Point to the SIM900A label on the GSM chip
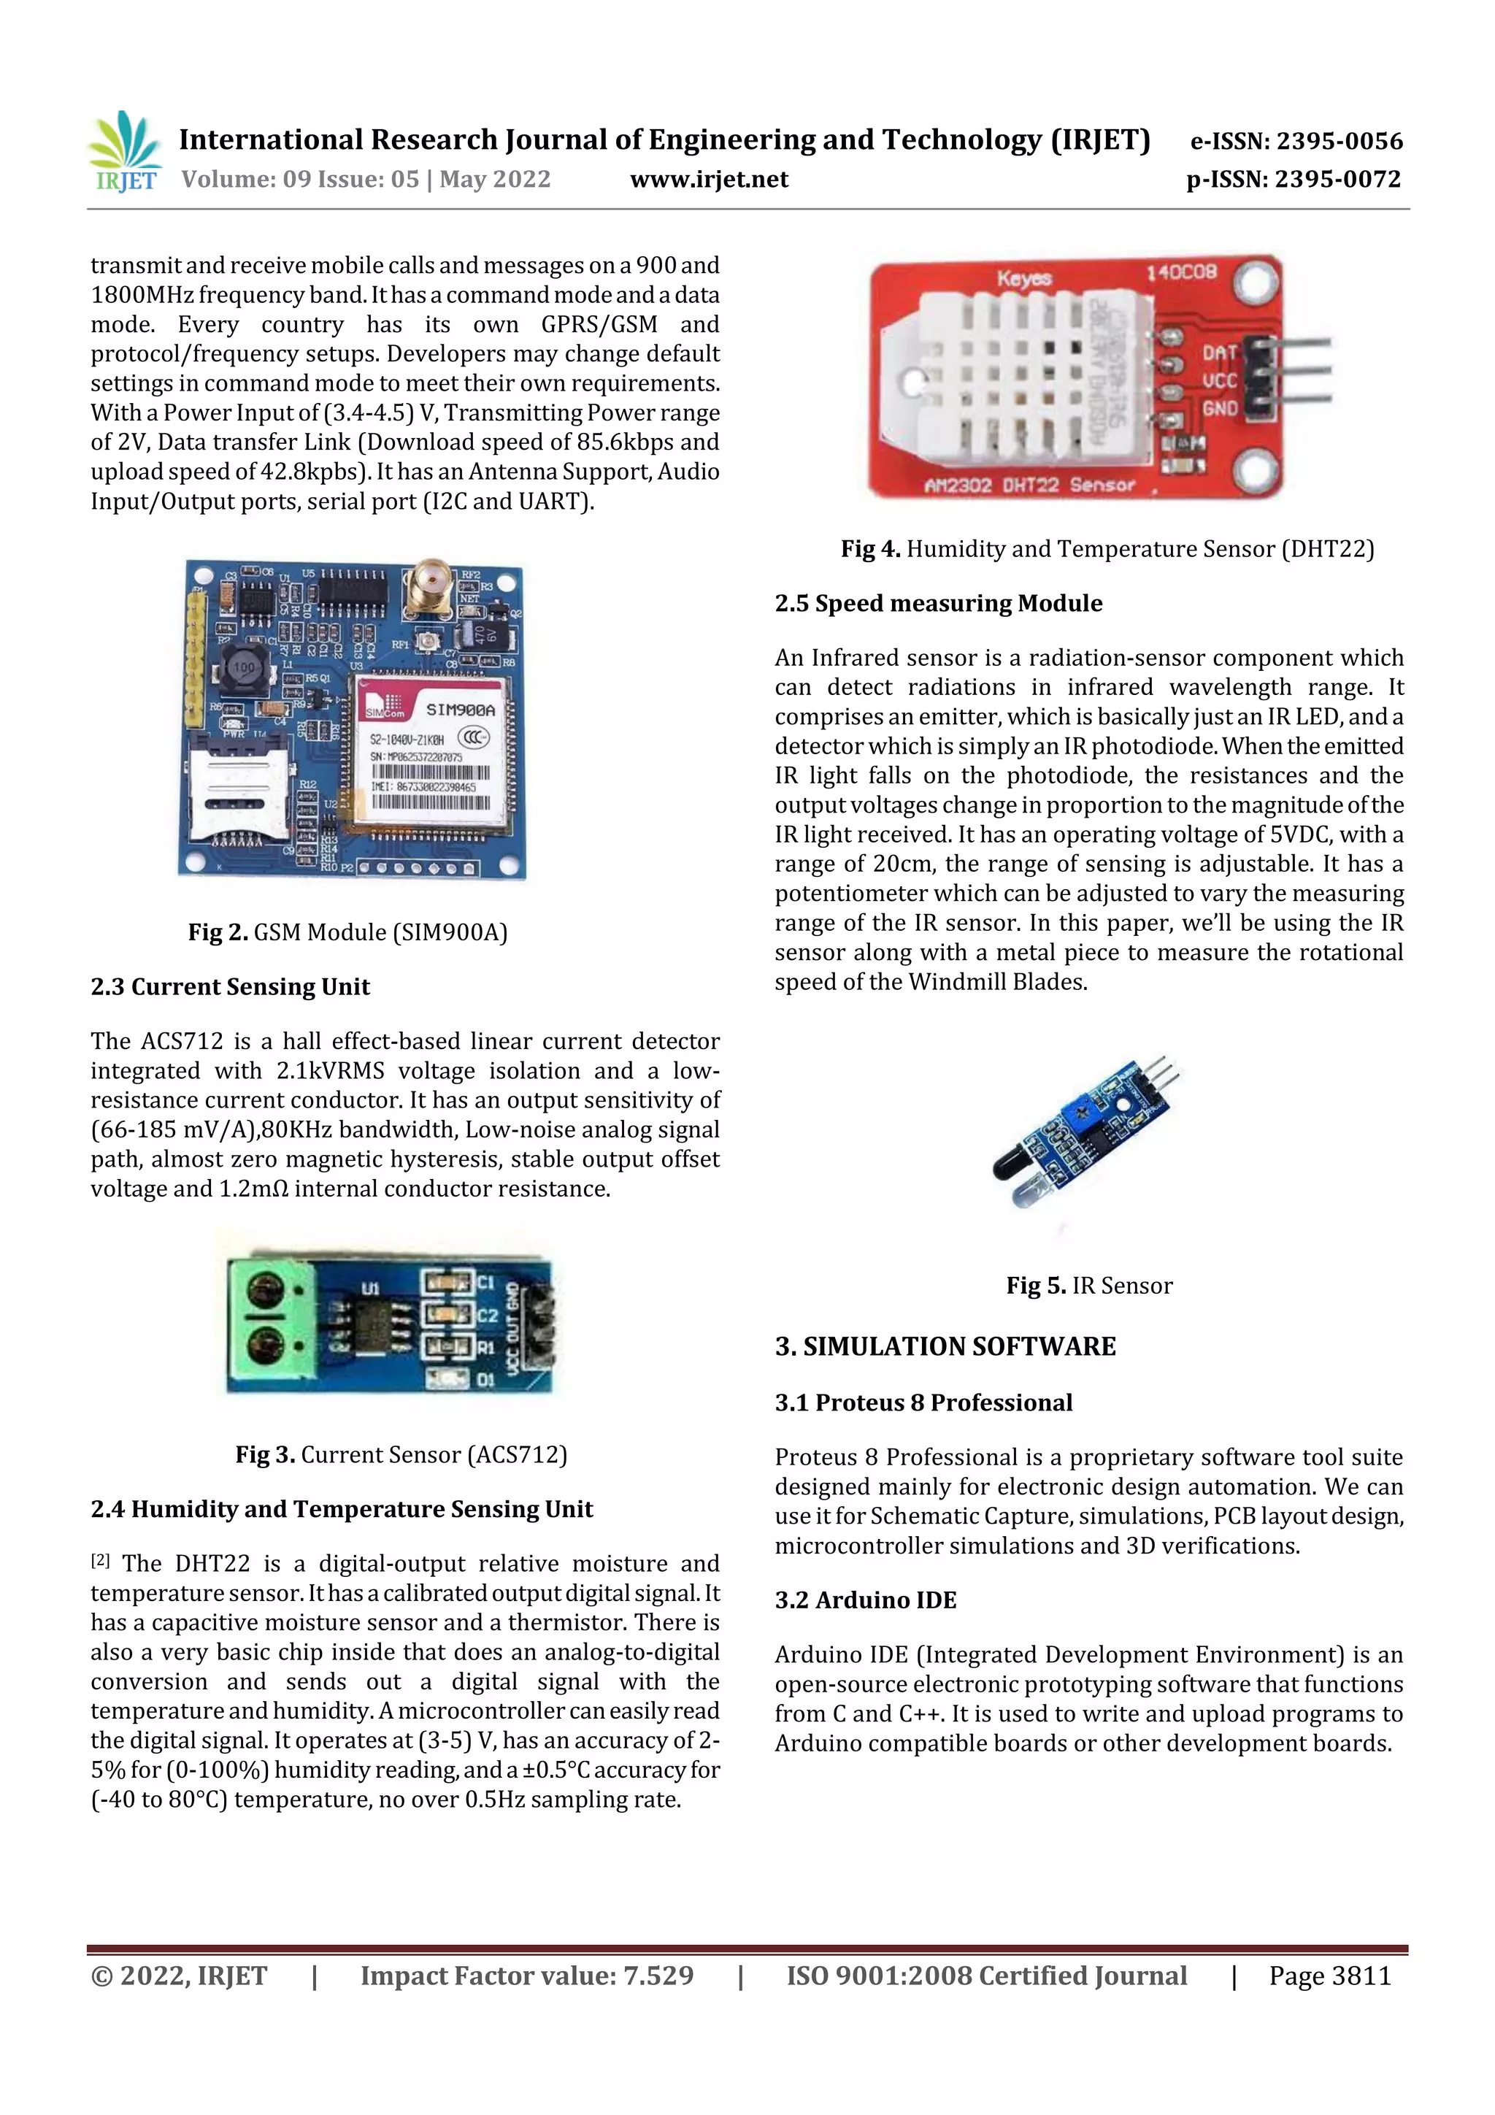[x=461, y=710]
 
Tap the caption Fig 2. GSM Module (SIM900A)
[x=348, y=932]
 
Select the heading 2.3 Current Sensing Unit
[x=230, y=986]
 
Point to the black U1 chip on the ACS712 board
[x=372, y=1324]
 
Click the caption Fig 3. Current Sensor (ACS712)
[x=401, y=1454]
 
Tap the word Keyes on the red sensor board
[x=1023, y=277]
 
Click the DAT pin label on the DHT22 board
[x=1218, y=353]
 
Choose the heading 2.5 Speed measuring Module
[x=938, y=603]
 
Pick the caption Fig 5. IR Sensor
[x=1089, y=1286]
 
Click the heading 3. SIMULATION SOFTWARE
[x=945, y=1347]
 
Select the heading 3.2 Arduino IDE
[x=865, y=1600]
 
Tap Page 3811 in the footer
[x=1329, y=1975]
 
